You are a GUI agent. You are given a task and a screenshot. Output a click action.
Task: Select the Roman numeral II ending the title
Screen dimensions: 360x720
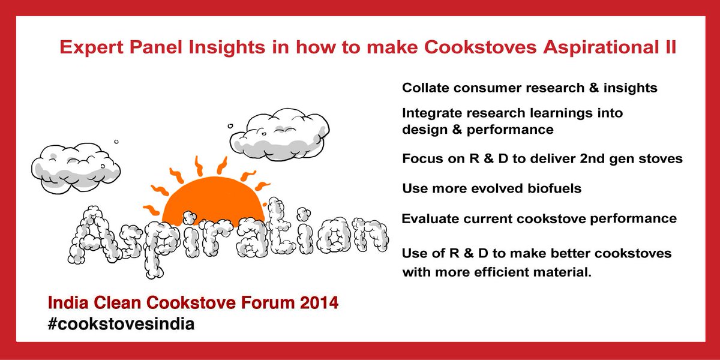pyautogui.click(x=670, y=48)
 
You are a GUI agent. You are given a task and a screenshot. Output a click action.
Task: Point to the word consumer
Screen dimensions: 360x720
pyautogui.click(x=483, y=88)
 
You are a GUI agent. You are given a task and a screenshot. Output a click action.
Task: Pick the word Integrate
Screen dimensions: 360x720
pyautogui.click(x=431, y=113)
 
